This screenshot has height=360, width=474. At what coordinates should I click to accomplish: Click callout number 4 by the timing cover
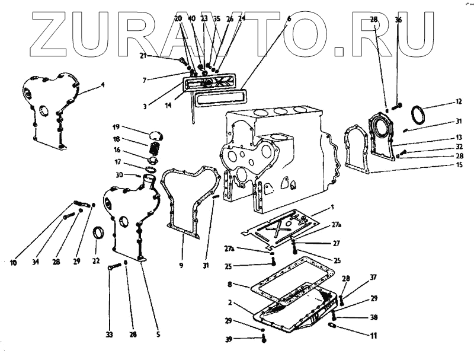(x=102, y=85)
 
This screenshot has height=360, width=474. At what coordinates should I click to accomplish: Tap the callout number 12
(x=457, y=102)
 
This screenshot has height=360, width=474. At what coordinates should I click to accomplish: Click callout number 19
(x=116, y=127)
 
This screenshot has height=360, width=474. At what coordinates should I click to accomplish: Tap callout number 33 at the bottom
(x=109, y=335)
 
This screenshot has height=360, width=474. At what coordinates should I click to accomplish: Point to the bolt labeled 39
(x=262, y=339)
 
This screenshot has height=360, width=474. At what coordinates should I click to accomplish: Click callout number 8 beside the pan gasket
(x=229, y=285)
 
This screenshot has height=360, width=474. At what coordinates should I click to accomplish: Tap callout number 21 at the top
(x=142, y=56)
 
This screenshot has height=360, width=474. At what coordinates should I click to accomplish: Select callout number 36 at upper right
(x=398, y=20)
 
